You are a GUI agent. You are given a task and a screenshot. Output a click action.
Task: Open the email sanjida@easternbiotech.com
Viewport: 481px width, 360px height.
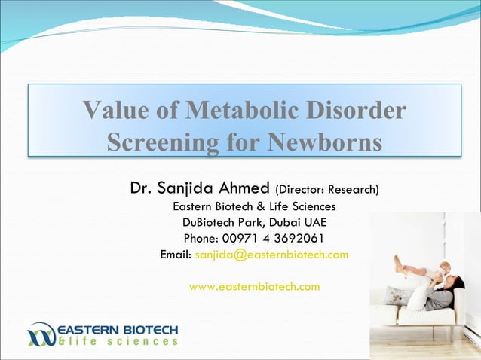click(271, 255)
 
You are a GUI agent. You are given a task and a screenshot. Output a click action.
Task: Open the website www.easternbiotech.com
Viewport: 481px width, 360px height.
click(254, 286)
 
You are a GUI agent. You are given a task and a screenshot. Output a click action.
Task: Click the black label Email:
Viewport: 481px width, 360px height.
click(176, 255)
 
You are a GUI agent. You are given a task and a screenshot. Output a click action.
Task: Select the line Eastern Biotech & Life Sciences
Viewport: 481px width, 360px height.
click(254, 206)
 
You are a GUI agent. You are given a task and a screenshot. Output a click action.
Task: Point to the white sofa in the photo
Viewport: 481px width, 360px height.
click(411, 315)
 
